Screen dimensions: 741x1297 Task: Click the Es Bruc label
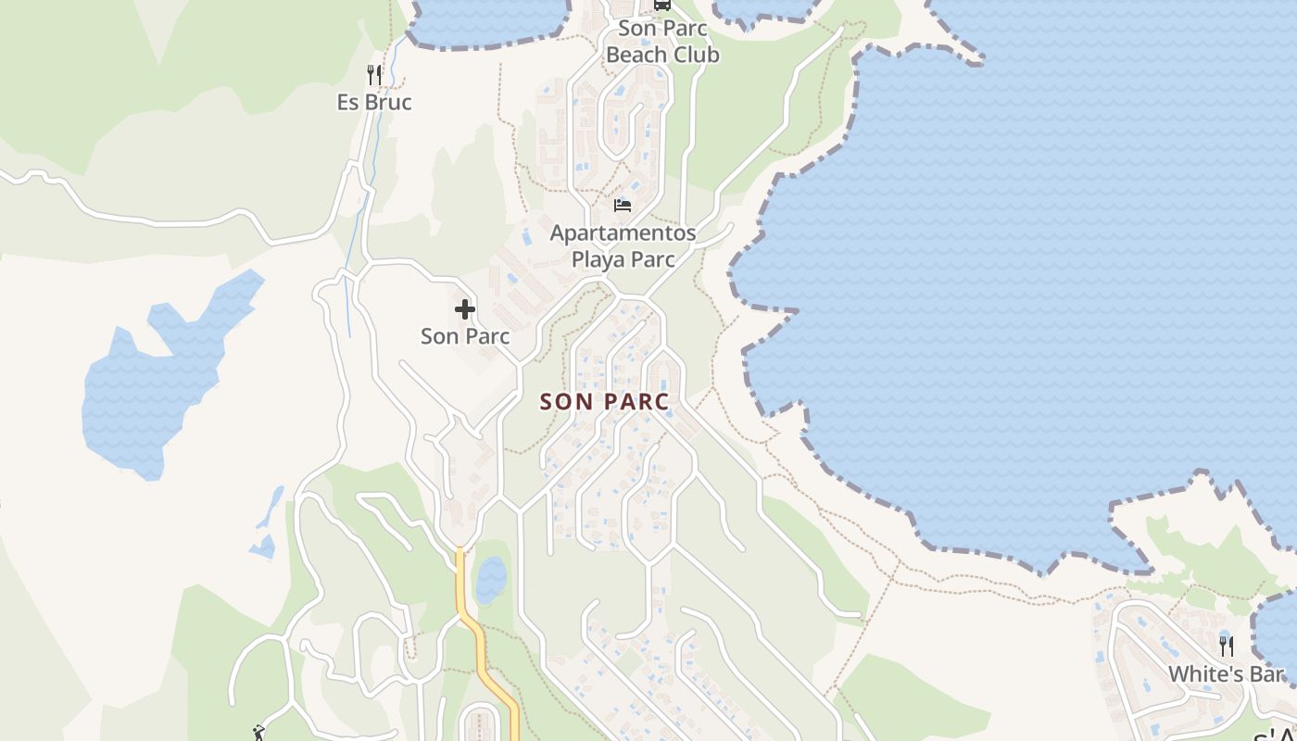point(374,102)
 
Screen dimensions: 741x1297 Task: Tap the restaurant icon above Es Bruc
point(374,74)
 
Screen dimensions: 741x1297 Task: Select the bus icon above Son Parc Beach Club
point(661,5)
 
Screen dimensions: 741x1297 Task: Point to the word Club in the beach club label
point(696,55)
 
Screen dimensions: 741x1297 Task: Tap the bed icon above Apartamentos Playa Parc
point(623,204)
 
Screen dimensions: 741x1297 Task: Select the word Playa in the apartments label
point(598,258)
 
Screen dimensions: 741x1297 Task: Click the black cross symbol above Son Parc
point(465,309)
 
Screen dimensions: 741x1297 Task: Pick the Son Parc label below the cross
point(465,336)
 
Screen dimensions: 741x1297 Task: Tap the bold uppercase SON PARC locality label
point(604,402)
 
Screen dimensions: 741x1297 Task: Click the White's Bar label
point(1226,673)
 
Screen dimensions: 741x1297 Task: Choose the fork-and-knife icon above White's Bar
point(1227,646)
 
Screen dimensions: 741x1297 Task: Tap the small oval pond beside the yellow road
point(491,580)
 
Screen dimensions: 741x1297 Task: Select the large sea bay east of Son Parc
point(1019,278)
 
